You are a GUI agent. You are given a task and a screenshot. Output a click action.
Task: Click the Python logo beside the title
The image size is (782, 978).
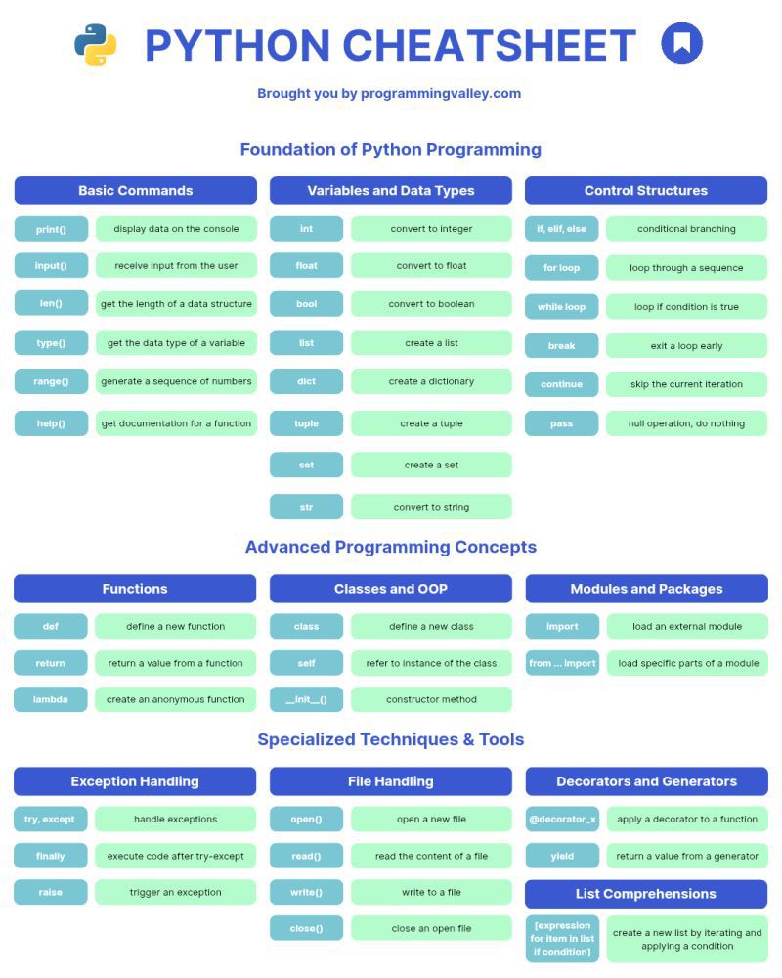click(x=96, y=44)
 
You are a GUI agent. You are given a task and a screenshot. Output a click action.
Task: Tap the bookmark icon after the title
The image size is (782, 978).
click(x=681, y=43)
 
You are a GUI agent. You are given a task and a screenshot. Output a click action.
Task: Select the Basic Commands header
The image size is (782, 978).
click(x=135, y=191)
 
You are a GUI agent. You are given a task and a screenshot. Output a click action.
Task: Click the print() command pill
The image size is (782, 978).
click(x=51, y=229)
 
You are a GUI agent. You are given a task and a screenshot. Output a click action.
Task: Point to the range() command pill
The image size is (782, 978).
click(x=51, y=381)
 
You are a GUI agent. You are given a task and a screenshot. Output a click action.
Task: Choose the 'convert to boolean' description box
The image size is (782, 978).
click(x=431, y=304)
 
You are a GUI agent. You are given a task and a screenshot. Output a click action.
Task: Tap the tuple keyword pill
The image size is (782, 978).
click(x=306, y=422)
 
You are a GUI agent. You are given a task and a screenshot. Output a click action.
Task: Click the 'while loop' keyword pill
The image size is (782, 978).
click(x=561, y=306)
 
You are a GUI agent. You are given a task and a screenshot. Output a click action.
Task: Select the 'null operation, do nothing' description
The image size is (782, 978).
click(x=686, y=422)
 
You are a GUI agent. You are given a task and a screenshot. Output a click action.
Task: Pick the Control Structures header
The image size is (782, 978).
click(x=646, y=191)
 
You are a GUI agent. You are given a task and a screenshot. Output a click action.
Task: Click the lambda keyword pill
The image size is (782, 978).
click(x=51, y=699)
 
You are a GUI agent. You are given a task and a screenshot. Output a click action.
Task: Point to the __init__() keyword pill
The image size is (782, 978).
click(x=306, y=699)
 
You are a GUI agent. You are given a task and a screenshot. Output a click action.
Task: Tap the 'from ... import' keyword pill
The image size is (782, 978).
click(x=562, y=663)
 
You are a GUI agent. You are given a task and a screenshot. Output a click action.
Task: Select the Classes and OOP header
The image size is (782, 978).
click(x=390, y=588)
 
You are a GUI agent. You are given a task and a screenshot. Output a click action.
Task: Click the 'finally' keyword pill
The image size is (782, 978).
click(x=51, y=856)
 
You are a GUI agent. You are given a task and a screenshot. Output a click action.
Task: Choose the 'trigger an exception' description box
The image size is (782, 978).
click(x=175, y=892)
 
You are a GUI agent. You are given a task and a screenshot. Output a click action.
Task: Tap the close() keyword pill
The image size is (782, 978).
click(x=306, y=928)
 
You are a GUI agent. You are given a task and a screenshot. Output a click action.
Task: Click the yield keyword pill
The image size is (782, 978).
click(x=562, y=856)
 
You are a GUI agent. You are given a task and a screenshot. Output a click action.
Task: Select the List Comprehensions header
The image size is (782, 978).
click(x=646, y=894)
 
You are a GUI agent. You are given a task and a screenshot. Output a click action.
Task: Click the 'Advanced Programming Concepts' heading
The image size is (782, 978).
click(x=390, y=547)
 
